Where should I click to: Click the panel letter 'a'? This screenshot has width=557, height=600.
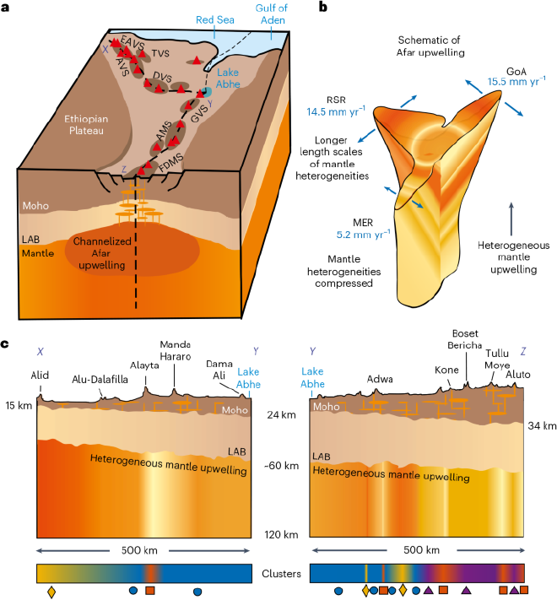coord(7,8)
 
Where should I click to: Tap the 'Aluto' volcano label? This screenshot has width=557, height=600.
coord(519,372)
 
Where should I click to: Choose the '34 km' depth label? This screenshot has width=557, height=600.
coord(540,425)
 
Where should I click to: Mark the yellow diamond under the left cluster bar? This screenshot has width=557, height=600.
coord(51,592)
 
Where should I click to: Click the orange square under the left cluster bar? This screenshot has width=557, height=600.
coord(149,591)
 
